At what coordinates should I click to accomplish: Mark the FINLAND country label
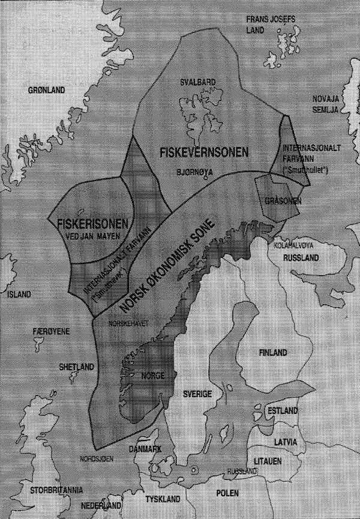pyautogui.click(x=272, y=352)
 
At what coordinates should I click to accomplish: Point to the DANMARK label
pyautogui.click(x=144, y=449)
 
